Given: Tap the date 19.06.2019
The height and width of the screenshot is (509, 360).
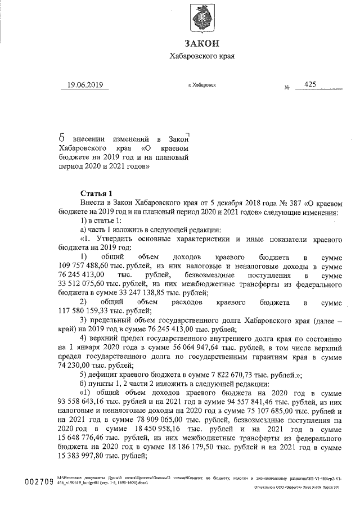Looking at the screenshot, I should pos(85,85).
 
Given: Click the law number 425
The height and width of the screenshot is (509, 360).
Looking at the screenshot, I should pos(309,84).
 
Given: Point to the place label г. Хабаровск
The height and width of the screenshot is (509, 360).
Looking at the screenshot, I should pos(202,85).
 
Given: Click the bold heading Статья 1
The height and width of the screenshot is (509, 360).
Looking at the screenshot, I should pos(97,192).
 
